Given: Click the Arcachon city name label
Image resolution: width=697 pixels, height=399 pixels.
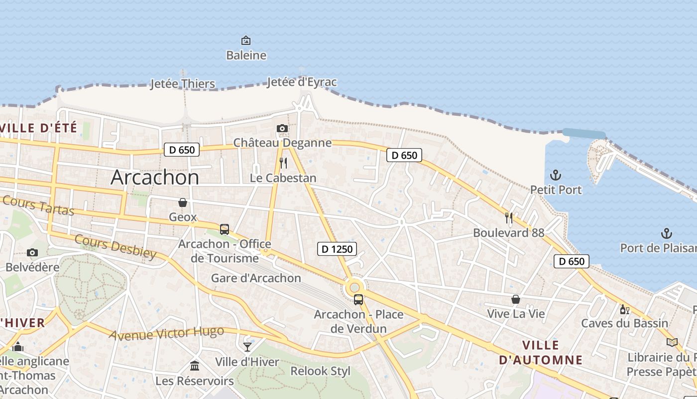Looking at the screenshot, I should pyautogui.click(x=155, y=177).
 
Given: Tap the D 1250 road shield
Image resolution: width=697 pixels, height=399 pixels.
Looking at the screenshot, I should pyautogui.click(x=337, y=248).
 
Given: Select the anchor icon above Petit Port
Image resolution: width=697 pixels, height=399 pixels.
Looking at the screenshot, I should pyautogui.click(x=555, y=175).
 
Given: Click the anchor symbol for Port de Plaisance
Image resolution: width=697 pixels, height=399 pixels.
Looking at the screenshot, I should pyautogui.click(x=666, y=233).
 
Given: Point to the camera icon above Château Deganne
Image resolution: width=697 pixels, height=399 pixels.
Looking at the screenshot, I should pyautogui.click(x=282, y=129).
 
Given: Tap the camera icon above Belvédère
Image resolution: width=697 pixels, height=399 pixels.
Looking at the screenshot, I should pyautogui.click(x=32, y=252).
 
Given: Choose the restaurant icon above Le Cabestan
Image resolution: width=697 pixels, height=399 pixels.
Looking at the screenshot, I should pyautogui.click(x=283, y=163).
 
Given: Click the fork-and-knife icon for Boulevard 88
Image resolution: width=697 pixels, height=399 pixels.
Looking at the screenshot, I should pyautogui.click(x=509, y=217).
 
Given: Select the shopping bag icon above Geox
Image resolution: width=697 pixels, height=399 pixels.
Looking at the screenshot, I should pyautogui.click(x=183, y=202).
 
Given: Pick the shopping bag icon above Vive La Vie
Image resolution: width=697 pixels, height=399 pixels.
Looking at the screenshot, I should pyautogui.click(x=516, y=299).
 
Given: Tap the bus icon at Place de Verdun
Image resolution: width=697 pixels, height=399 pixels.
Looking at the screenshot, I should pyautogui.click(x=358, y=300).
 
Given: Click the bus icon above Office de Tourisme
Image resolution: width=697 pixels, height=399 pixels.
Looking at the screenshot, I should pyautogui.click(x=225, y=229).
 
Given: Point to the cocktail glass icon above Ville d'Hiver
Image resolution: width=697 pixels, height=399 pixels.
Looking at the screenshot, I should pyautogui.click(x=247, y=347).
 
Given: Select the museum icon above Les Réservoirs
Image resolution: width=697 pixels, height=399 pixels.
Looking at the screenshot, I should pyautogui.click(x=195, y=366).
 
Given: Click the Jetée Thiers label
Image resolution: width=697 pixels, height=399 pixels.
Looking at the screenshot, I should pyautogui.click(x=183, y=84).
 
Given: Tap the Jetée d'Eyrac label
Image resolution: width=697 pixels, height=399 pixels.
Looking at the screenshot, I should pyautogui.click(x=302, y=82).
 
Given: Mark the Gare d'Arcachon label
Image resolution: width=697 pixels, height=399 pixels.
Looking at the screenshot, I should pyautogui.click(x=256, y=278).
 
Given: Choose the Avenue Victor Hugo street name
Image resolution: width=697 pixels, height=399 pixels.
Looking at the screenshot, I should pyautogui.click(x=166, y=333).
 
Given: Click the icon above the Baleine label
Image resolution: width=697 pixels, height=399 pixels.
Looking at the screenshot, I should pyautogui.click(x=246, y=40).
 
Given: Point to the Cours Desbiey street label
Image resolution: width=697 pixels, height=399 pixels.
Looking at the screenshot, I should pyautogui.click(x=116, y=246).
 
